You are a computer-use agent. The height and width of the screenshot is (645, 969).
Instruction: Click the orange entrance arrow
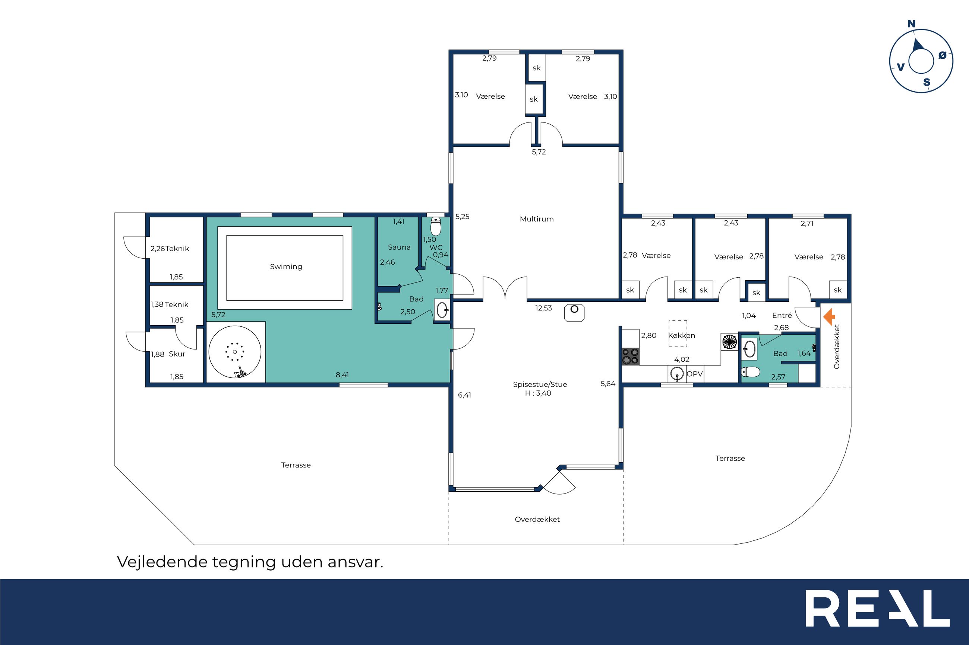pos(829,317)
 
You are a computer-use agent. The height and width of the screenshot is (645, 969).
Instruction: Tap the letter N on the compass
pos(911,24)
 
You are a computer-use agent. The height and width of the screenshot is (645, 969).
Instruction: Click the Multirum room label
pos(537,219)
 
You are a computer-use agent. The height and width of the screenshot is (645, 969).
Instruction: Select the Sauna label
pos(399,247)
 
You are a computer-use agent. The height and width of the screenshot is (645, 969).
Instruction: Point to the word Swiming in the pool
pos(286,266)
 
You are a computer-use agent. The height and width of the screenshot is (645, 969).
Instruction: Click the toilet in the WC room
pos(436,227)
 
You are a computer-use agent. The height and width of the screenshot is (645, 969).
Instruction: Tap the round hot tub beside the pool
pos(235,352)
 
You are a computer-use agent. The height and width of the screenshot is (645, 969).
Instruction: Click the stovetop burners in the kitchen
pos(630,356)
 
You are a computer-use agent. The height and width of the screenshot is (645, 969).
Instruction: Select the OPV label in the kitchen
pos(694,374)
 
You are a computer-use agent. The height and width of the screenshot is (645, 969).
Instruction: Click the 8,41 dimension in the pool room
pos(342,375)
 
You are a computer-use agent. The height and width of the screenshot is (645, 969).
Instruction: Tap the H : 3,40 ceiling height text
pos(538,393)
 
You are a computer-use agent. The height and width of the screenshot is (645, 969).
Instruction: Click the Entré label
pos(782,316)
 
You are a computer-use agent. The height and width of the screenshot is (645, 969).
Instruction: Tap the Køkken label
pos(682,335)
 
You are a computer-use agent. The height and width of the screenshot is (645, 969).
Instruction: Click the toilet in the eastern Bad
pos(750,372)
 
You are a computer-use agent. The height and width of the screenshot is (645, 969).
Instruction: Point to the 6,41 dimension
pos(464,395)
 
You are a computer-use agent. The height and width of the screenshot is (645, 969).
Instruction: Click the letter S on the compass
pos(927,82)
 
